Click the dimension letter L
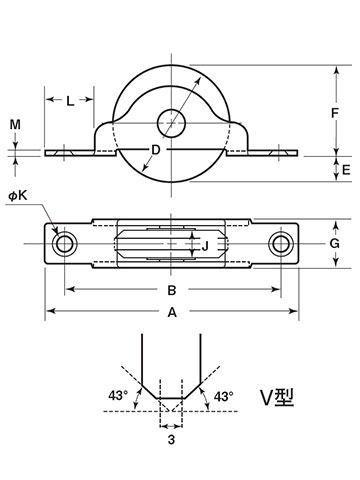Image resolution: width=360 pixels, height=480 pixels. [x=70, y=101]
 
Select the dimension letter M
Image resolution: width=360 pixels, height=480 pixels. [x=15, y=125]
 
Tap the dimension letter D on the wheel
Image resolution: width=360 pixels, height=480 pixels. [x=156, y=150]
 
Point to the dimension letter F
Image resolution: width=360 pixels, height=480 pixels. [x=335, y=113]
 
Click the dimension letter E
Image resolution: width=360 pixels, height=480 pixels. [x=346, y=170]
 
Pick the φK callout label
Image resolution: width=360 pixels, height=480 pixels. [x=18, y=196]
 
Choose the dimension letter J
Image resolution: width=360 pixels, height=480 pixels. [x=205, y=246]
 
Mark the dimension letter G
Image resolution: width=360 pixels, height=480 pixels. [x=334, y=244]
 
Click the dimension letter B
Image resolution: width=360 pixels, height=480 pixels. [x=172, y=290]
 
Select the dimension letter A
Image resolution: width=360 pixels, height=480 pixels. [x=172, y=313]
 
